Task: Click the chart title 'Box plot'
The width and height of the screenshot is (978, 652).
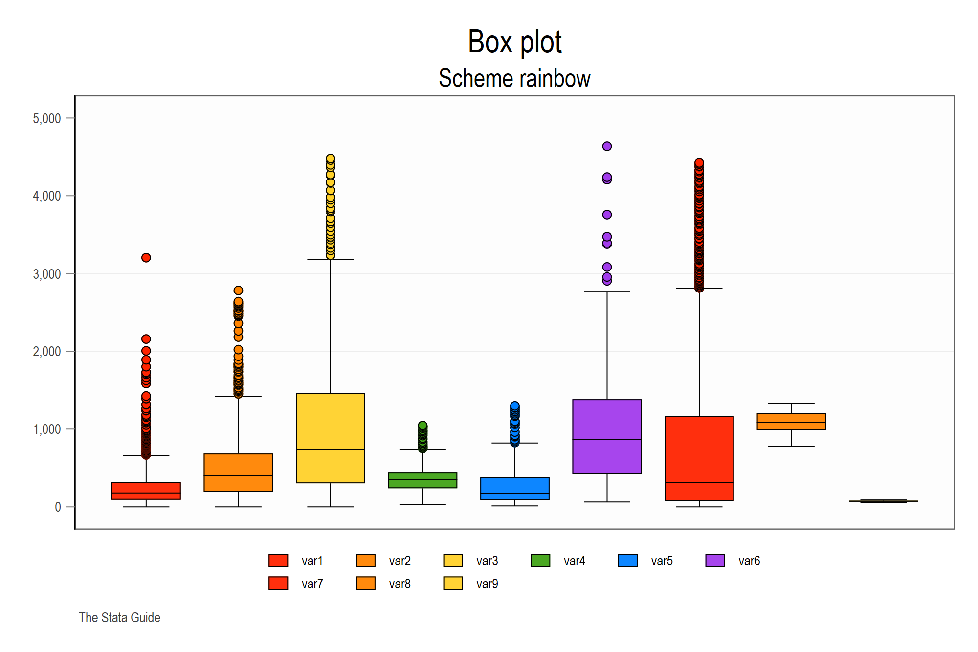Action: point(514,42)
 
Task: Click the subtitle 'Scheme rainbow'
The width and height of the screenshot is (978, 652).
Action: point(514,79)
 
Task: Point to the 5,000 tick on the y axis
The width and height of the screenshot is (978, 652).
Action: point(47,119)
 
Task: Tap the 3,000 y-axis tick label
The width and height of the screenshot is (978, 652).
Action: point(47,274)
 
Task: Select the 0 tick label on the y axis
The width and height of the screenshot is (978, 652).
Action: point(58,507)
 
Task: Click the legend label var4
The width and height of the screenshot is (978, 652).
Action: point(574,561)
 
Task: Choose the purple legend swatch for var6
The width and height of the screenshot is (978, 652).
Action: point(715,561)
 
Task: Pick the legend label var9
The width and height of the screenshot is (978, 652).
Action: point(487,584)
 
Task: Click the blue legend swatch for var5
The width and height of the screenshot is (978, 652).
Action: point(627,561)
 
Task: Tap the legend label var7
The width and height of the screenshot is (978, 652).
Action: point(312,584)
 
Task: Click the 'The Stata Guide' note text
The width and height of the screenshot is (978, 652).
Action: point(120,618)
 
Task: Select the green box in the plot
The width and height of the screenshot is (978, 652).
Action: point(422,480)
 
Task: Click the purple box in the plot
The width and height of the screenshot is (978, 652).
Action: point(607,436)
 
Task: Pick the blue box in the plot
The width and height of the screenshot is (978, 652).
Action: point(514,488)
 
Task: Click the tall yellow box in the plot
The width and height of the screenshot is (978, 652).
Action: point(331,438)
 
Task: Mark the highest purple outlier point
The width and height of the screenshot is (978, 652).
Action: point(607,146)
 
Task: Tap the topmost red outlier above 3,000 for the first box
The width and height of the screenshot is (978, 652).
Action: point(146,258)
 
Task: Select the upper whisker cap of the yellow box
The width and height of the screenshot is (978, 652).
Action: point(331,259)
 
